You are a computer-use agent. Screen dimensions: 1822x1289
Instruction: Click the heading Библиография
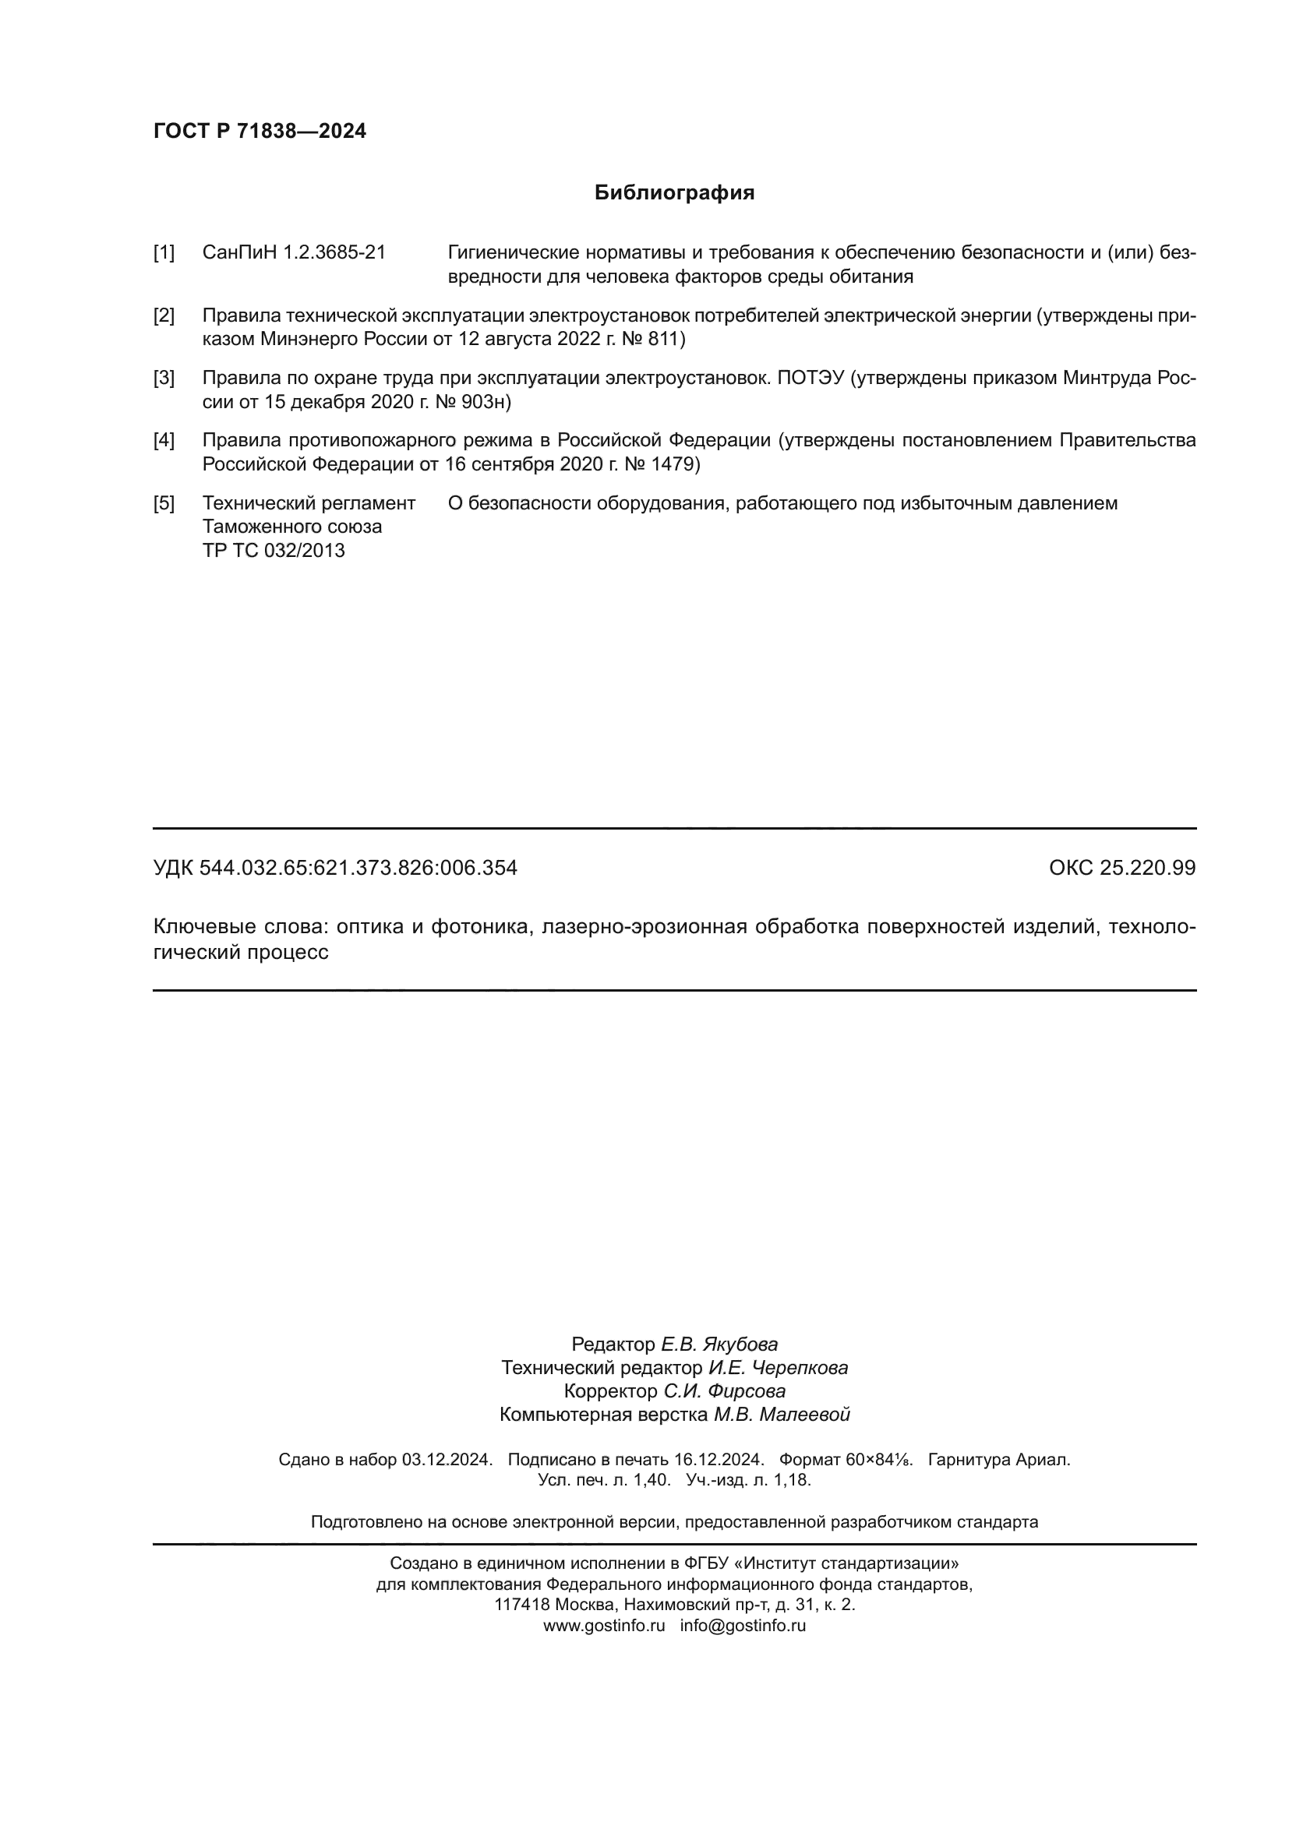click(x=674, y=193)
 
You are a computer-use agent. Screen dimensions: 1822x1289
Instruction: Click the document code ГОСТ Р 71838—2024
click(x=260, y=131)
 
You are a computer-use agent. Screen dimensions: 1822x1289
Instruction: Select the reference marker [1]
click(x=164, y=253)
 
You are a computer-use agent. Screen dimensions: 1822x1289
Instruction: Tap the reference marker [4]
click(x=164, y=440)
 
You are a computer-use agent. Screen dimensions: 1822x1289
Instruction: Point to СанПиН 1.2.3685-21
click(x=294, y=253)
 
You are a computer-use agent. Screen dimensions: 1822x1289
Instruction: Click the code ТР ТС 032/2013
click(x=273, y=551)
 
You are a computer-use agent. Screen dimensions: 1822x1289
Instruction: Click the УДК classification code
click(x=335, y=868)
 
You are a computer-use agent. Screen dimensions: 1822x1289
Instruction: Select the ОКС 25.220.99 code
click(x=1121, y=868)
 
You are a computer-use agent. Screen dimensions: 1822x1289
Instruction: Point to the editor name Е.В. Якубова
click(x=719, y=1344)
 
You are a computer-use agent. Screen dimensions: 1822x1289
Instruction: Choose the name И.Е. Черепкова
click(x=778, y=1367)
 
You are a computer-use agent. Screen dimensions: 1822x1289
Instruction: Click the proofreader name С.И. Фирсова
click(x=725, y=1391)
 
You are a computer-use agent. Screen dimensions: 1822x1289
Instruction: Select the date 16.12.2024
click(x=719, y=1459)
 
